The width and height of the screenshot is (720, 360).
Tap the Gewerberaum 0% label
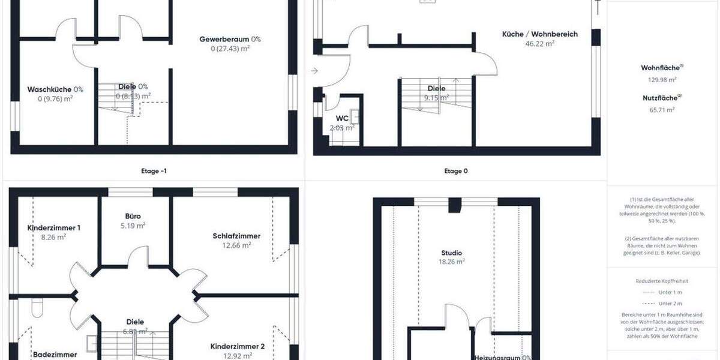[230, 40]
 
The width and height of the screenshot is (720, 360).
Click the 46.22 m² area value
[539, 44]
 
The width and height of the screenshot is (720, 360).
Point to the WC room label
[342, 118]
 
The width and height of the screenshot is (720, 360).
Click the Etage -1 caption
[150, 171]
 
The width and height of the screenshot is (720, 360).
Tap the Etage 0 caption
[456, 171]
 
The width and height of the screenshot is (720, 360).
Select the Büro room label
[133, 216]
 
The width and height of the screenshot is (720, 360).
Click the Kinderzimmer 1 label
[54, 228]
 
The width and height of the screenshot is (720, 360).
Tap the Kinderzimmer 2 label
[238, 346]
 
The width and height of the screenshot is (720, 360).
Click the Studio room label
[451, 253]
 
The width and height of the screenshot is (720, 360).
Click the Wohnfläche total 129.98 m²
[659, 79]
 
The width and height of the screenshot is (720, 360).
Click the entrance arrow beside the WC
[314, 71]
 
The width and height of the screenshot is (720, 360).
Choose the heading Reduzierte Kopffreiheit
[662, 281]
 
